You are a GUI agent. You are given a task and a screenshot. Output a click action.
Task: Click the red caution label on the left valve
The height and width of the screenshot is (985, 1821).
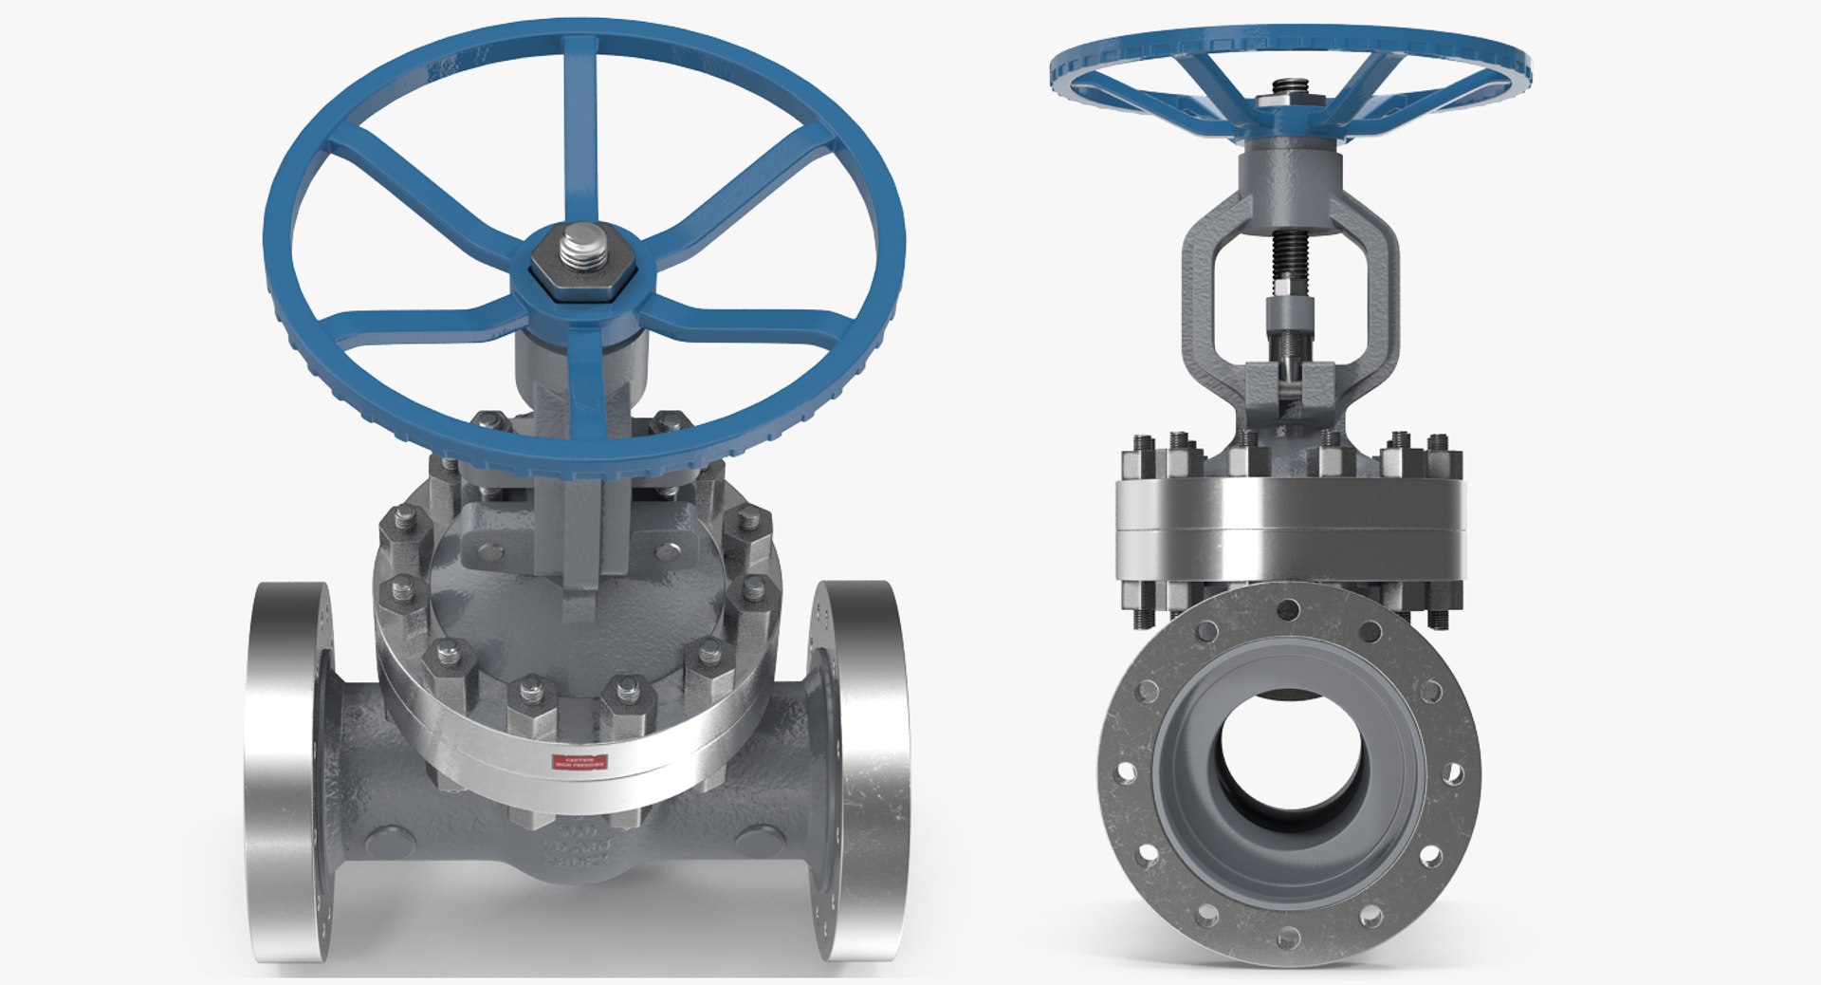click(579, 762)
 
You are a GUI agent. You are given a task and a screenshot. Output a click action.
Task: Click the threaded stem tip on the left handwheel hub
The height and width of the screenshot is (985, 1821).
click(577, 251)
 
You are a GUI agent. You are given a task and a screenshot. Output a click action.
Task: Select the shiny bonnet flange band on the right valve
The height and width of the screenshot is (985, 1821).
click(1290, 517)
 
